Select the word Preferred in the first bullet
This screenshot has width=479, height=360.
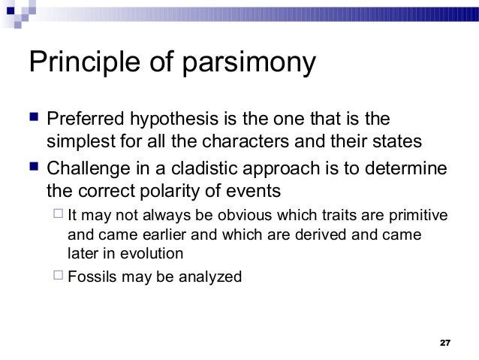coord(86,120)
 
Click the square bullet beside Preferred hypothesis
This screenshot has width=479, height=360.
coord(33,119)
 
